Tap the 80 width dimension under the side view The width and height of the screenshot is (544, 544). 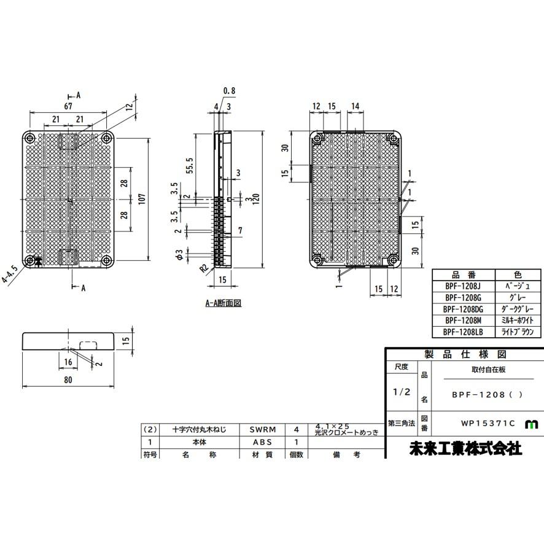(x=68, y=380)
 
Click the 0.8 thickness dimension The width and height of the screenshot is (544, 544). (x=229, y=91)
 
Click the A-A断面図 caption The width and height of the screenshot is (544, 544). (x=223, y=303)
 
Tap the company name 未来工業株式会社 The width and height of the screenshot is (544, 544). (x=465, y=448)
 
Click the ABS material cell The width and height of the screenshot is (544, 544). (x=262, y=442)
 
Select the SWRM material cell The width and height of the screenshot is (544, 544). (x=262, y=430)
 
